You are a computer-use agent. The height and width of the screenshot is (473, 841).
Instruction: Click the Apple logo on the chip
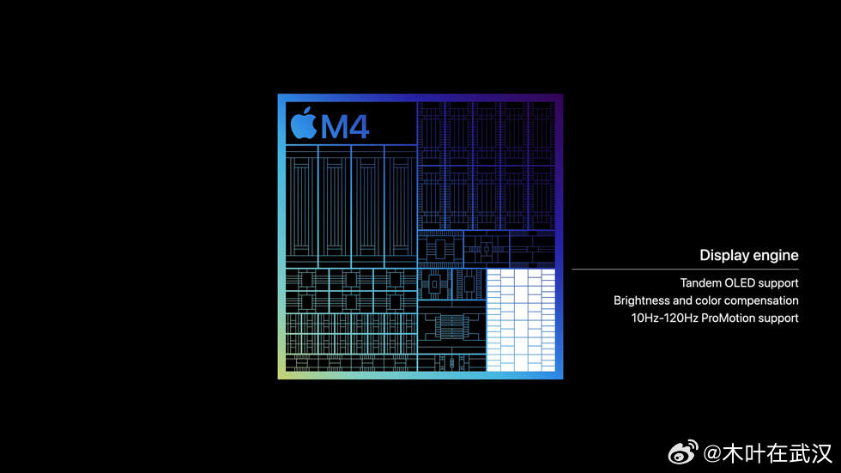point(304,124)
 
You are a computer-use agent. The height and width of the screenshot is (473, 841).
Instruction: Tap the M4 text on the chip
point(345,126)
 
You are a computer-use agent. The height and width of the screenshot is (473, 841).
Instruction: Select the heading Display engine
point(748,255)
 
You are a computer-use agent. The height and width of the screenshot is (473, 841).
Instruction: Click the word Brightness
point(641,300)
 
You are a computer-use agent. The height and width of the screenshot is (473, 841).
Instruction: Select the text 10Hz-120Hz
point(664,318)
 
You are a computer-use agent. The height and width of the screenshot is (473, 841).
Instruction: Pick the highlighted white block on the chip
point(521,320)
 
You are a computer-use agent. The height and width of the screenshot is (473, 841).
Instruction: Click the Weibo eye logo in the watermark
point(683,452)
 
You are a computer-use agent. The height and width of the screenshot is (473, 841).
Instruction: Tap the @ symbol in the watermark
point(711,454)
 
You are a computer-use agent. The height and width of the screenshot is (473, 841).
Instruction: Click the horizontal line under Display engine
point(686,270)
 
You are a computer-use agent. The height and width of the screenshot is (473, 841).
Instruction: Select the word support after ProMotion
point(777,318)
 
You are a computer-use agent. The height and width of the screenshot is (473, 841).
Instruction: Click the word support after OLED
point(778,283)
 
